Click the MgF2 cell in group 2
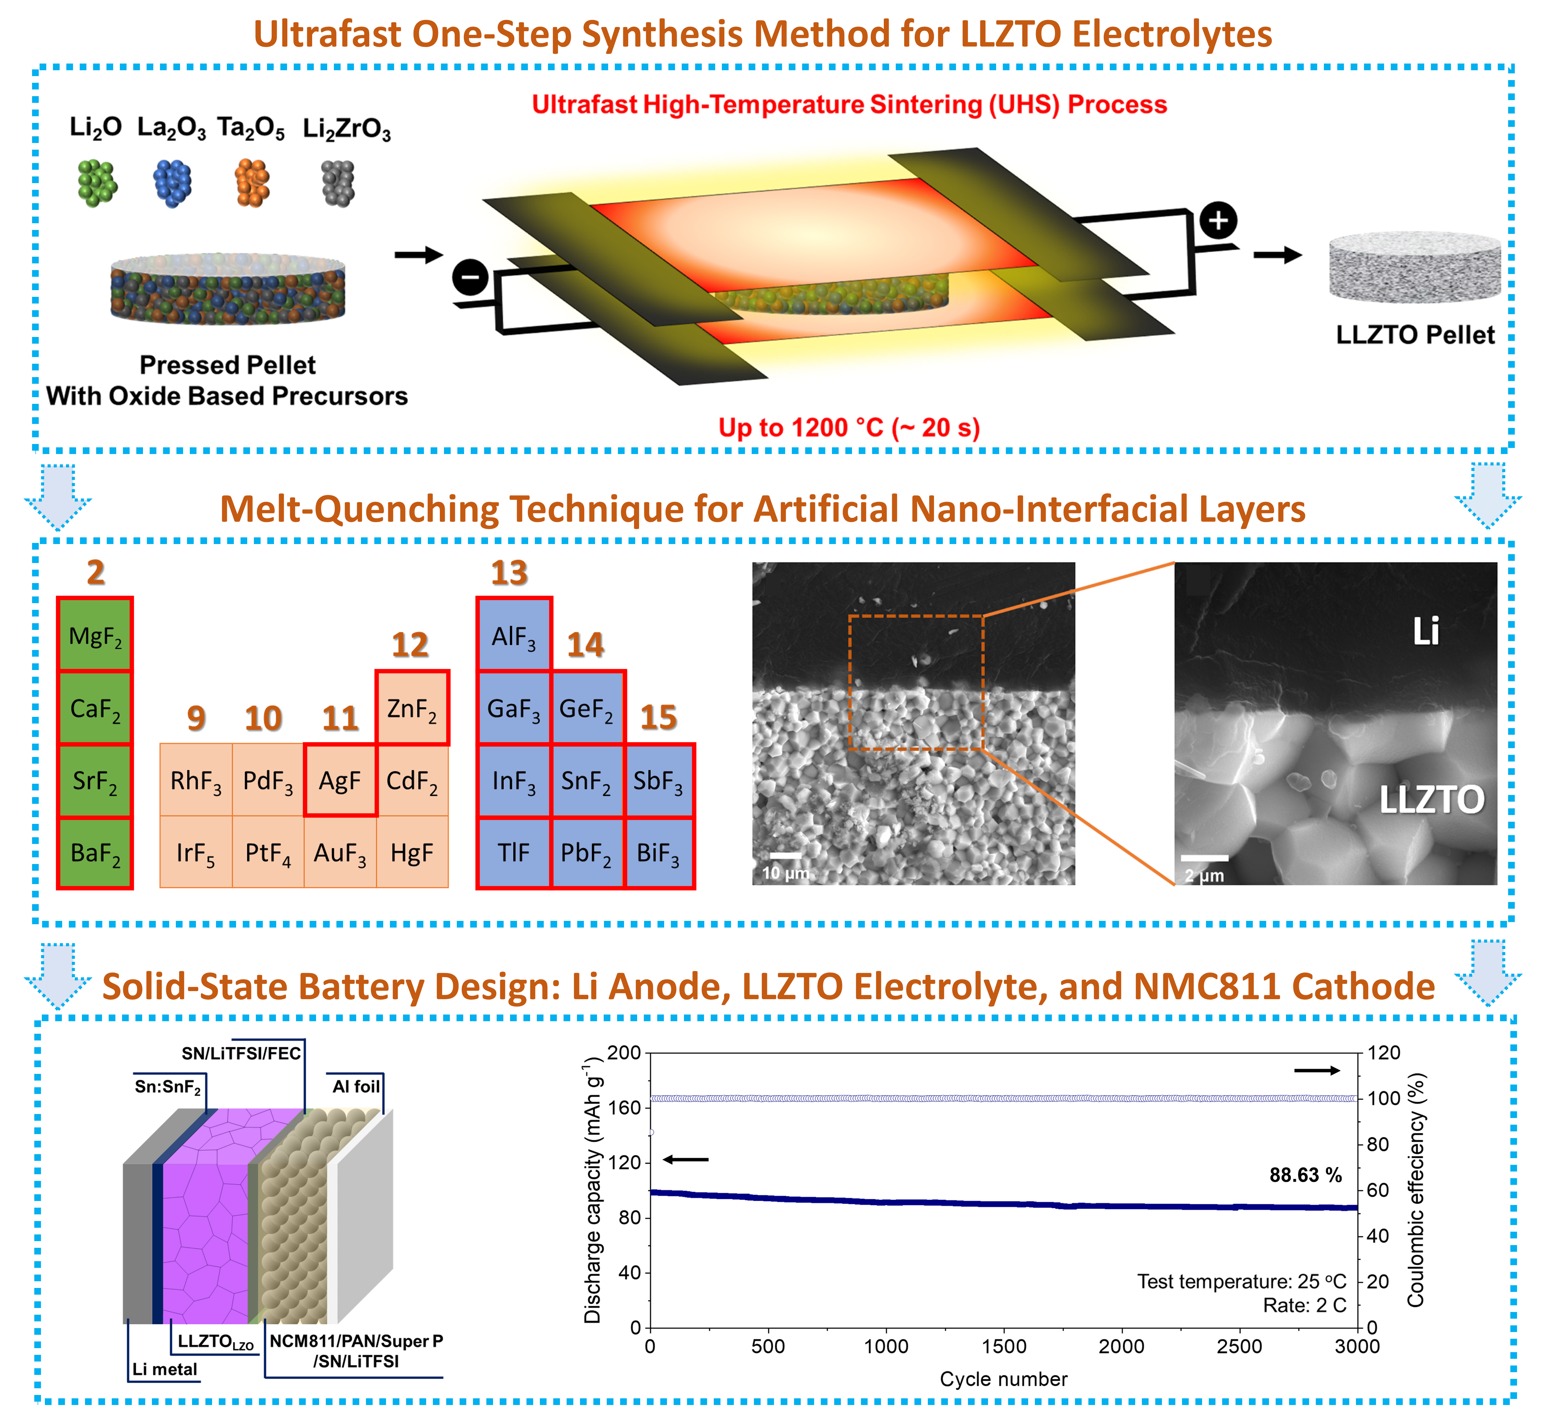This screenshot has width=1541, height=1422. pos(95,635)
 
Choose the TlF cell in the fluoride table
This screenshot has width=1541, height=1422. pos(513,853)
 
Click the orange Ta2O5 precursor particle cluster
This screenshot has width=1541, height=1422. pos(252,183)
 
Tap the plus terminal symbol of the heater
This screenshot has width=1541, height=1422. pos(1218,221)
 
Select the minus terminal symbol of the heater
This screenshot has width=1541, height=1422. pos(470,276)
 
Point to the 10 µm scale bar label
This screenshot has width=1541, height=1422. pos(785,873)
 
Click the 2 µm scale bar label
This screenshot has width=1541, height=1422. pos(1204,876)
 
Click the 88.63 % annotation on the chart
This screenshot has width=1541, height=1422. pos(1305,1175)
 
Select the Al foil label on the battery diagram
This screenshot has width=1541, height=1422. pos(356,1086)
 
